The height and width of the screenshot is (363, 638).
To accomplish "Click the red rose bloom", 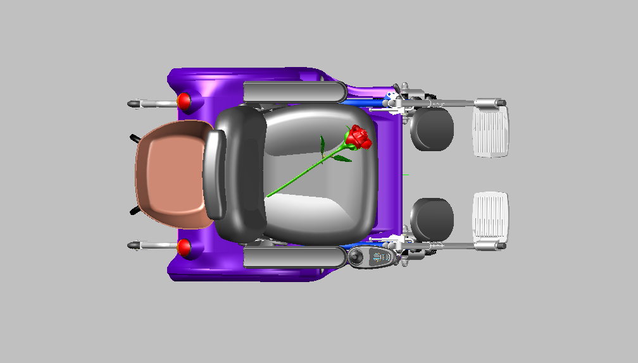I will (358, 138).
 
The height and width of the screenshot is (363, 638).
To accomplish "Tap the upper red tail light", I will (184, 101).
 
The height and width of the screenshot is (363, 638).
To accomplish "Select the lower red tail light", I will (184, 247).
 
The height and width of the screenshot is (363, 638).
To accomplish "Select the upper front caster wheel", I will (432, 129).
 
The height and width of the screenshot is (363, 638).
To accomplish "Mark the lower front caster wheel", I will (432, 219).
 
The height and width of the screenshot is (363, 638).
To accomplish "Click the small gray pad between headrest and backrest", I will (215, 174).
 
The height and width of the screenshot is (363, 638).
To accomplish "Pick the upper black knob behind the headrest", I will (135, 137).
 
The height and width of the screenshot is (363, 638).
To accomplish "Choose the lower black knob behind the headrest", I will (135, 211).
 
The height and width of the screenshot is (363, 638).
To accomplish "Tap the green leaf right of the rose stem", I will (342, 159).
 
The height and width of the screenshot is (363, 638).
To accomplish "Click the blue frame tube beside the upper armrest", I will (364, 100).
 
